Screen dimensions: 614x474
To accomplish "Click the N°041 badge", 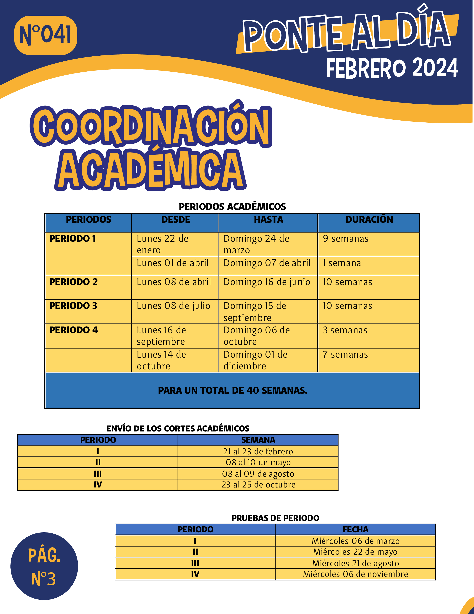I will point(46,35).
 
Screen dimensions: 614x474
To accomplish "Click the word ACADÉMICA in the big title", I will point(150,170).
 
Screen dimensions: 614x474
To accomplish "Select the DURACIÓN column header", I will point(369,220).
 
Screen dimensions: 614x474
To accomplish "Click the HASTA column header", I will point(268,220).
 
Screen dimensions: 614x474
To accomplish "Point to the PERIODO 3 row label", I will point(73,306).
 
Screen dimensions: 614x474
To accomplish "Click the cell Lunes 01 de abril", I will point(172,263).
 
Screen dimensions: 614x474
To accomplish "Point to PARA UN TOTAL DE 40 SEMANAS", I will point(232,391).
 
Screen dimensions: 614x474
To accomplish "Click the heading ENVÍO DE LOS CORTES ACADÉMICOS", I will point(178,428).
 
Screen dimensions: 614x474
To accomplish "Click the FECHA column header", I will point(355,529).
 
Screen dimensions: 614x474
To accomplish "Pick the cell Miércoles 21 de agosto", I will point(355,563).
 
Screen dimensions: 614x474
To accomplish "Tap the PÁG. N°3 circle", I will point(44,566).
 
